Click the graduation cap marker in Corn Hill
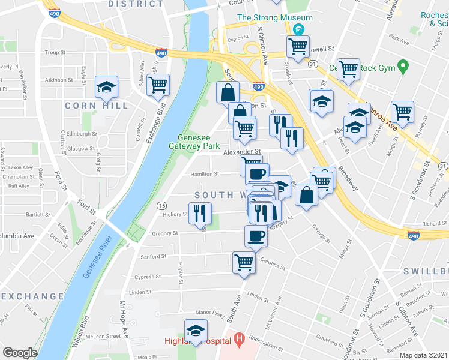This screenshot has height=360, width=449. pos(106,87)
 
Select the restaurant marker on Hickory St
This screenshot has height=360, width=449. pos(200,213)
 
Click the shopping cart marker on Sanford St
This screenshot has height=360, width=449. pos(244,262)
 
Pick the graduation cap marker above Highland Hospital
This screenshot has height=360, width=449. pos(196,330)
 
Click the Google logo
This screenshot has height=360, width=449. pos(20,353)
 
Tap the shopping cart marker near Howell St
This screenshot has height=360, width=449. pos(298,46)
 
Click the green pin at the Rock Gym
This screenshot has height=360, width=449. pos(403,66)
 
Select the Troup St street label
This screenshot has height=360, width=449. pos(55,53)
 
